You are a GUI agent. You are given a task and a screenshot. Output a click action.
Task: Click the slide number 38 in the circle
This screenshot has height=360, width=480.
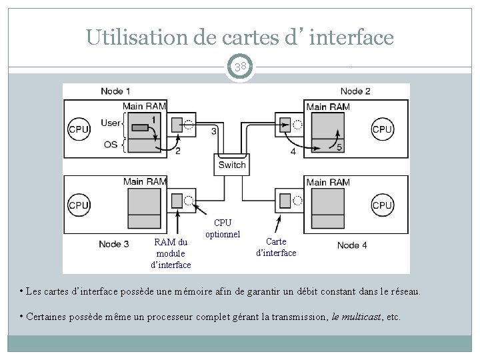point(240,67)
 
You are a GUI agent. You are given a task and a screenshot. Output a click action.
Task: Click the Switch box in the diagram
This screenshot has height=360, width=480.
point(231,165)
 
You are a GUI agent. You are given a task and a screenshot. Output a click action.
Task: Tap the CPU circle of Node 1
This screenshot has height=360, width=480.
point(79,129)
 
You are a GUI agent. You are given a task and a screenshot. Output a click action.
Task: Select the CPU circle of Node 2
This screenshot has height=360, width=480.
point(382,129)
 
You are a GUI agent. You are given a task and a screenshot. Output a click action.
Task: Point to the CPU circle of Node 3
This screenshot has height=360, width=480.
point(79,205)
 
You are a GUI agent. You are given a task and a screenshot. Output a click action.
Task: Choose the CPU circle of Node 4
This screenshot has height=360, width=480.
point(382,205)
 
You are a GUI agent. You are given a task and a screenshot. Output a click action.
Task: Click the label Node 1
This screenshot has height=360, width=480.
point(116,91)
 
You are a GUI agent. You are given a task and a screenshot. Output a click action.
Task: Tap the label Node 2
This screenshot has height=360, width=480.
point(355,91)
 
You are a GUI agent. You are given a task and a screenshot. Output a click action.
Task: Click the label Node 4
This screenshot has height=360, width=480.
point(352,245)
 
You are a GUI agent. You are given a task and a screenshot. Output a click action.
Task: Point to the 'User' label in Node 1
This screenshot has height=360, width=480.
point(111,123)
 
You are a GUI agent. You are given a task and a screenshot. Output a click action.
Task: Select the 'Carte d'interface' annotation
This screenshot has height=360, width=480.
point(276,247)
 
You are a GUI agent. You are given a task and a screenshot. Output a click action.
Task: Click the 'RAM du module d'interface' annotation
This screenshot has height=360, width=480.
point(172,253)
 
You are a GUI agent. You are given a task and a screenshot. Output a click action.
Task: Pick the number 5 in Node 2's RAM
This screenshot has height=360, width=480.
point(339,147)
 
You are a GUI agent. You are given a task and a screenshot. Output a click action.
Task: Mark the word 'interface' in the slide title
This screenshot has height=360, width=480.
point(352,37)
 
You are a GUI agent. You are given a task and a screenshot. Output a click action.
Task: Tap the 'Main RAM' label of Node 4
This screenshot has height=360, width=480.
point(327,182)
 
